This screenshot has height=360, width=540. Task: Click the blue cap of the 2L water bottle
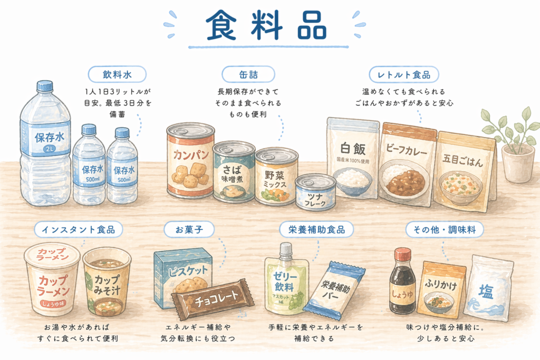click(45, 86)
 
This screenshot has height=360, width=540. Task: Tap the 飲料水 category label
click(117, 74)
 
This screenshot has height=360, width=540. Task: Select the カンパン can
click(190, 160)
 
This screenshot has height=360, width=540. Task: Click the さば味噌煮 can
click(234, 172)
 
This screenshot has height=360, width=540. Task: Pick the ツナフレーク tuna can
click(315, 191)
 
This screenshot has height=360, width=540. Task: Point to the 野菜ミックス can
click(276, 176)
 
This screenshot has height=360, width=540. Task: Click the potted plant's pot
click(517, 163)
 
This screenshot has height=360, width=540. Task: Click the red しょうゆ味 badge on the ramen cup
click(53, 304)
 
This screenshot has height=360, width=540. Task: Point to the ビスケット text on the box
click(188, 271)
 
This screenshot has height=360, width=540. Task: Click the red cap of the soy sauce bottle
click(402, 255)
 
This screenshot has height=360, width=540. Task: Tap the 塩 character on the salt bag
click(486, 292)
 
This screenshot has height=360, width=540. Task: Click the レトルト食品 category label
click(403, 74)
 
